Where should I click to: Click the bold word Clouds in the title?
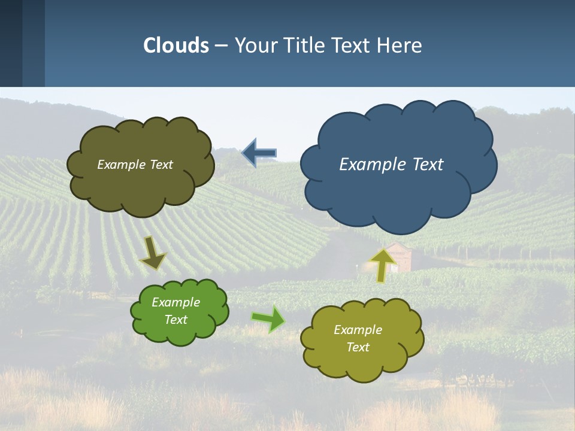(x=176, y=45)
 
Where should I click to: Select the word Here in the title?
(x=400, y=45)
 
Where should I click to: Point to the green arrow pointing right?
(x=268, y=318)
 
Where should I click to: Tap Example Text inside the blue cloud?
(x=391, y=165)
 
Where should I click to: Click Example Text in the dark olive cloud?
(x=135, y=165)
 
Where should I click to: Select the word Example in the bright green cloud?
(x=175, y=302)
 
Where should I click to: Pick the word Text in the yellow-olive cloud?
(x=358, y=347)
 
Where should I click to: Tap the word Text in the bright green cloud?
(x=175, y=320)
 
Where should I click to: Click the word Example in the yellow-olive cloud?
(x=358, y=330)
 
